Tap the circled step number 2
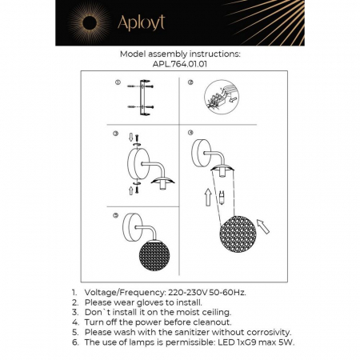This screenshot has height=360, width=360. (x=189, y=83)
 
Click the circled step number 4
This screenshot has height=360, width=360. (x=190, y=134)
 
